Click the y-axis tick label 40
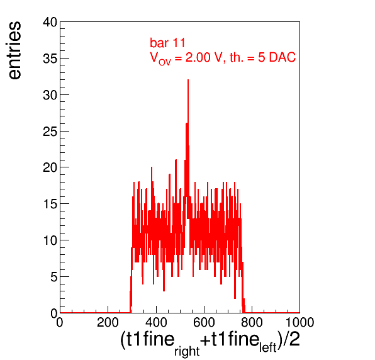click(x=50, y=23)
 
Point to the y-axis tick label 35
click(x=50, y=59)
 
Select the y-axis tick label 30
click(x=50, y=95)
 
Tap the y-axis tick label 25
click(x=50, y=132)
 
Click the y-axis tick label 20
click(x=50, y=167)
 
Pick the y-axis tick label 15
click(x=50, y=204)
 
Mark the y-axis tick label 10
click(x=50, y=240)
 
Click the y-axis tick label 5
click(x=54, y=277)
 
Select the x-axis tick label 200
click(x=108, y=322)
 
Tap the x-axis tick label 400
click(x=156, y=322)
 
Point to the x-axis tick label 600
click(x=204, y=322)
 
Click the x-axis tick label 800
click(x=252, y=322)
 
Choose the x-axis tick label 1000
click(x=299, y=322)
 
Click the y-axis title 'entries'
click(x=15, y=50)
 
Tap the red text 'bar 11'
click(x=167, y=43)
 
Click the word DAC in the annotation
click(x=283, y=57)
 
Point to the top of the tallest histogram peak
click(x=188, y=80)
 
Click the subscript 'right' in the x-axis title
click(x=187, y=351)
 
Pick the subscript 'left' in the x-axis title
click(x=268, y=347)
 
